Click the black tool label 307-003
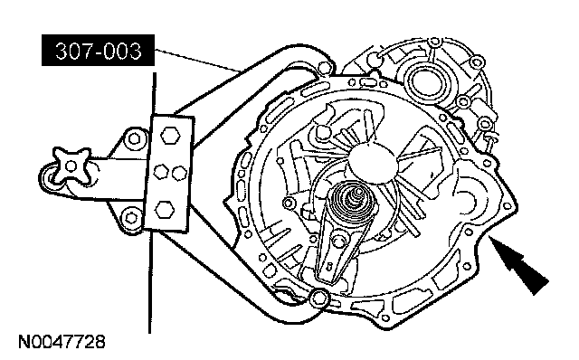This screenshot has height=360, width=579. tap(98, 51)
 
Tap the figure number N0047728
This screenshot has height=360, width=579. tap(62, 342)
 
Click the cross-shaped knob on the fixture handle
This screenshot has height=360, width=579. tap(71, 166)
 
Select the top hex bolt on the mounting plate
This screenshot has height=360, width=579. tap(170, 135)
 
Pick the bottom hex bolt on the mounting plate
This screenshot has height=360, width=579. tap(165, 210)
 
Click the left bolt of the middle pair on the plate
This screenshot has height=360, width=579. tap(161, 171)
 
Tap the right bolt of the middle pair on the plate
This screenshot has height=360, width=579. tap(180, 173)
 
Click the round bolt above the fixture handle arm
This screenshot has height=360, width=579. tap(134, 139)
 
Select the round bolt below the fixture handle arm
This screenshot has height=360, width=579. tap(130, 217)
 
